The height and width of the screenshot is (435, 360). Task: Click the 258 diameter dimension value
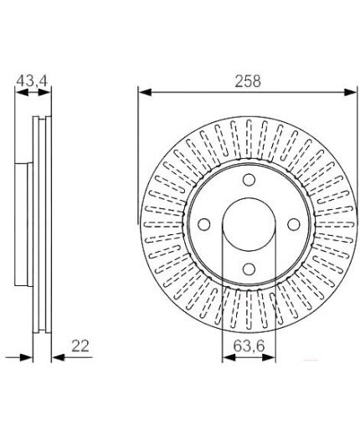[248, 81]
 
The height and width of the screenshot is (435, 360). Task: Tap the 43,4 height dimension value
[32, 81]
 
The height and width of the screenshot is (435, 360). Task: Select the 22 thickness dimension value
[80, 345]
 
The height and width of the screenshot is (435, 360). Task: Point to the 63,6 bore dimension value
[249, 346]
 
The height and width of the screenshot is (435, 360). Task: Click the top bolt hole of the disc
[249, 180]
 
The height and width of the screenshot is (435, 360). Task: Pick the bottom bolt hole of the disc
[249, 269]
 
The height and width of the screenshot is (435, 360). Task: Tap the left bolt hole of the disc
[204, 224]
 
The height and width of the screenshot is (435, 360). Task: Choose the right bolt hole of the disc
[294, 224]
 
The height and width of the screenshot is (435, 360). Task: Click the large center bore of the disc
[249, 224]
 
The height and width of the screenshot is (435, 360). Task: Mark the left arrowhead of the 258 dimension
[145, 92]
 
